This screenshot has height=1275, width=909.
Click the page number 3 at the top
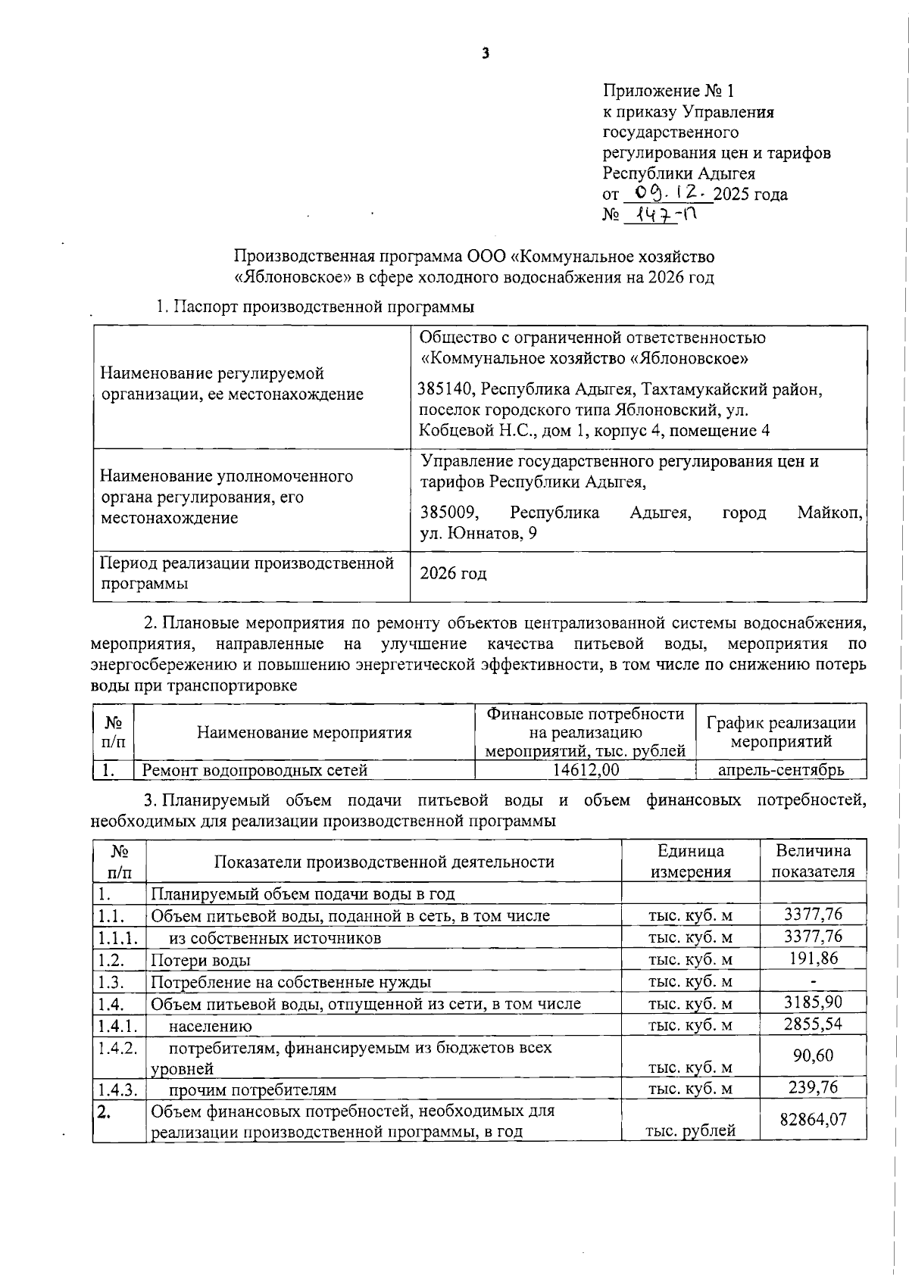click(x=486, y=53)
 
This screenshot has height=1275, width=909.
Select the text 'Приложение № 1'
click(x=668, y=92)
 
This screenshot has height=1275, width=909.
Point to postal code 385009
click(x=449, y=513)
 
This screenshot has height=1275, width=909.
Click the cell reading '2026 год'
click(x=454, y=574)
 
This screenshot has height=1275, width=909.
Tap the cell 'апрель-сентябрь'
click(x=781, y=770)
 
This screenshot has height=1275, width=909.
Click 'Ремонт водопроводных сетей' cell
click(x=255, y=771)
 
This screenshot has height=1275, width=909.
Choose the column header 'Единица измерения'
click(x=690, y=861)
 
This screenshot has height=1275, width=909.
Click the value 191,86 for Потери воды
click(x=813, y=958)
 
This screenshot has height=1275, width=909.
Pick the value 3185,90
click(x=813, y=1002)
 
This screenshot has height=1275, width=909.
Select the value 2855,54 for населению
click(x=813, y=1024)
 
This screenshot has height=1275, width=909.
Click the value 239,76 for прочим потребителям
click(x=813, y=1087)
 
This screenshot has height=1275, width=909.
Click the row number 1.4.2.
click(x=117, y=1048)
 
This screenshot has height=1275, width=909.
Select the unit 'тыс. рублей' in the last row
click(x=690, y=1131)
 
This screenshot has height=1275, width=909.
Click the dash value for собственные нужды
click(x=813, y=982)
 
